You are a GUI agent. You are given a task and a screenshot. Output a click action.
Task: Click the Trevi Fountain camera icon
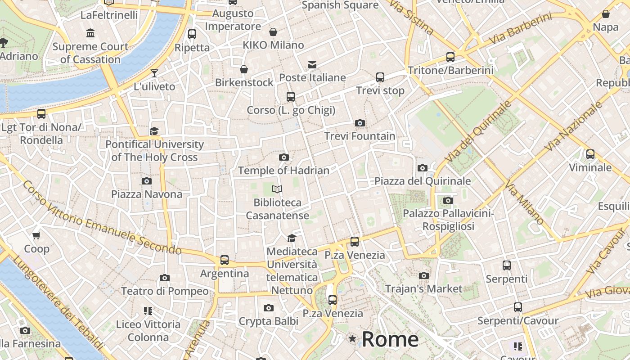[x=360, y=123]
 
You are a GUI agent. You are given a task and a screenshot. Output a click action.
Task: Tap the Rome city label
[x=390, y=339]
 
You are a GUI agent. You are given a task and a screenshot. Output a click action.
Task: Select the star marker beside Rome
[x=352, y=338]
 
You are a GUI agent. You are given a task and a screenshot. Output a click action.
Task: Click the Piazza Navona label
[x=147, y=194]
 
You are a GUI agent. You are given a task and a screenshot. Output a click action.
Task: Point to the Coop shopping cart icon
[x=36, y=235]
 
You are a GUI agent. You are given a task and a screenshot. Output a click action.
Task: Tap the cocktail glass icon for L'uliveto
[x=154, y=73]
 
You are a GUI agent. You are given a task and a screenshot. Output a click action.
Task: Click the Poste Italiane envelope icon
[x=312, y=65]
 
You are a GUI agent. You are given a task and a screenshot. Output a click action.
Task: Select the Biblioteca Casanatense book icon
[x=278, y=189]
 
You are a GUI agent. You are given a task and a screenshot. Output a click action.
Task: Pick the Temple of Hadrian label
[x=283, y=171]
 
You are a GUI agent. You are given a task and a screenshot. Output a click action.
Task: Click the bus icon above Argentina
[x=225, y=260]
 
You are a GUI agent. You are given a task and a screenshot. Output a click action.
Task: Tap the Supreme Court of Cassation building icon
[x=90, y=33]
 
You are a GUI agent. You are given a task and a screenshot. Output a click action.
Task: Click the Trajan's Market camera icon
[x=423, y=275]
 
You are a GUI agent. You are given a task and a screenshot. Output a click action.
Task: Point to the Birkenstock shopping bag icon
[x=244, y=69]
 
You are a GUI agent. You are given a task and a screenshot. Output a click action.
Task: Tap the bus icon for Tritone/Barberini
[x=450, y=57]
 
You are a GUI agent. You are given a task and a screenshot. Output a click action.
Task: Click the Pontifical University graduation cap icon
[x=154, y=131]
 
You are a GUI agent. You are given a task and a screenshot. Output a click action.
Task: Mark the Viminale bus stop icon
[x=590, y=154]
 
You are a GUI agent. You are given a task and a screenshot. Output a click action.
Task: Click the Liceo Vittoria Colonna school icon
[x=148, y=310]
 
